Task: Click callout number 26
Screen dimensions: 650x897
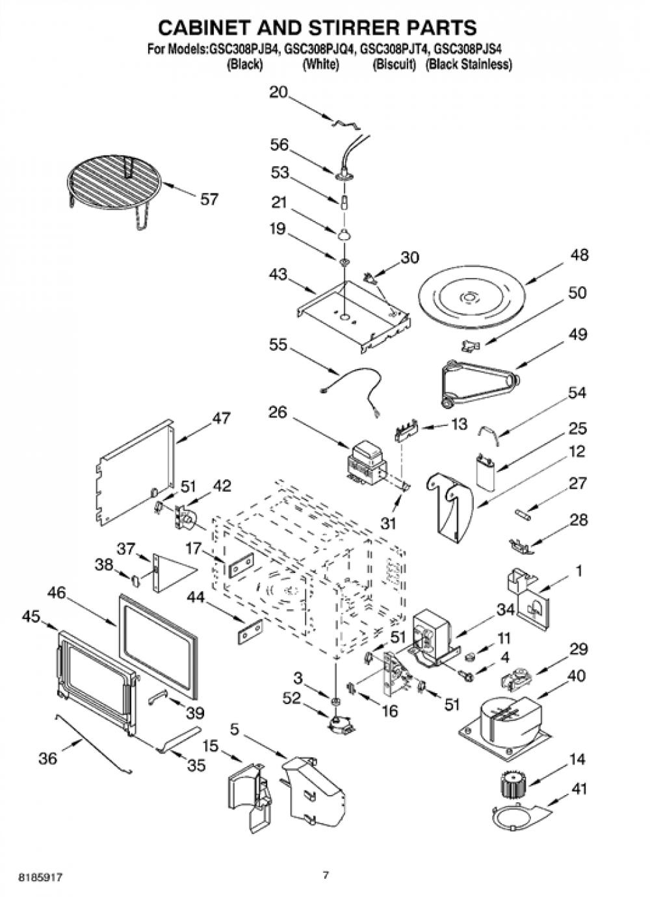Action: pyautogui.click(x=278, y=412)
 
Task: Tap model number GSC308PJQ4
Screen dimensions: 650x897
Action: pyautogui.click(x=320, y=49)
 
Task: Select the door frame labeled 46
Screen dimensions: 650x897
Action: pyautogui.click(x=159, y=651)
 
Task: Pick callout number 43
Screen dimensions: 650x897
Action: pyautogui.click(x=278, y=274)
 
